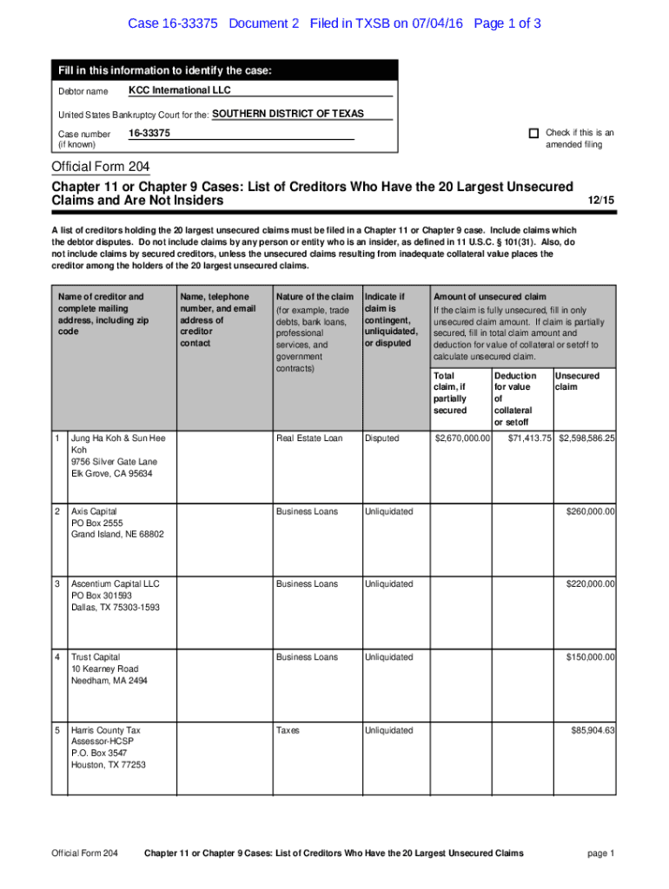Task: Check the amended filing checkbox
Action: coord(533,134)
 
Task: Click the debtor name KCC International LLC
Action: coord(180,90)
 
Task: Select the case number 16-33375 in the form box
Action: coord(149,133)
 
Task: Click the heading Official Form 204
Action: coord(102,167)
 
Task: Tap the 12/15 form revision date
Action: coord(600,201)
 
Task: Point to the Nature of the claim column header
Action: coord(314,297)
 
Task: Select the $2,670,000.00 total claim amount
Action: coord(463,438)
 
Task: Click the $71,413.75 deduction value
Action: coord(529,438)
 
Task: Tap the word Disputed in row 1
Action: coord(382,438)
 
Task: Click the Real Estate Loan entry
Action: coord(309,438)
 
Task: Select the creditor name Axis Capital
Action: coord(94,511)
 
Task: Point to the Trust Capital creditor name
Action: coord(96,657)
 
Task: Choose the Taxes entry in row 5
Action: coord(288,730)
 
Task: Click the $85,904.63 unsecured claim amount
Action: coord(593,730)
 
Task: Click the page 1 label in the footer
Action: coord(600,853)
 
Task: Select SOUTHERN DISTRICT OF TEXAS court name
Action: coord(288,114)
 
